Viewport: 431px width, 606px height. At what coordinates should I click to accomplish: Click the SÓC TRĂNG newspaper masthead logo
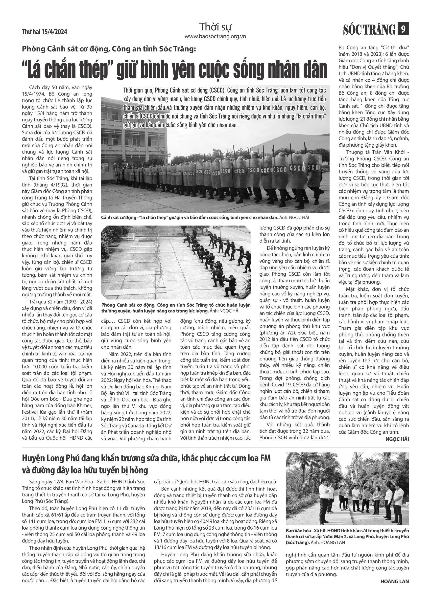tap(369, 29)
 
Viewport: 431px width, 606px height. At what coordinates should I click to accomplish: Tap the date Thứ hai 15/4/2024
tap(44, 32)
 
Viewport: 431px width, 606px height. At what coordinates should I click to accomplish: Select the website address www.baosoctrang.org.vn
tap(215, 36)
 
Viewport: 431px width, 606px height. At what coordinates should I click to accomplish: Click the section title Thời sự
tap(215, 27)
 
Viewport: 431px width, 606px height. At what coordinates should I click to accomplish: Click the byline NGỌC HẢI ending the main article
tap(397, 439)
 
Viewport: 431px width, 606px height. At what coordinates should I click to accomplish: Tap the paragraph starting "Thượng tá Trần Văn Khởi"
tap(374, 216)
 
